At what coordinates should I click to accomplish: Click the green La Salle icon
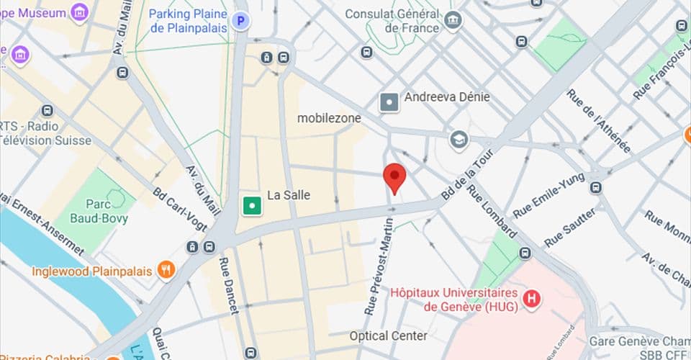point(252,206)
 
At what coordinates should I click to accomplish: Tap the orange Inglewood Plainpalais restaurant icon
point(166,271)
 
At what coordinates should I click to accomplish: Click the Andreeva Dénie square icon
point(389,102)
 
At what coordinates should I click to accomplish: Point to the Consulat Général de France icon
point(454,21)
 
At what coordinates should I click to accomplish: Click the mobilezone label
point(329,117)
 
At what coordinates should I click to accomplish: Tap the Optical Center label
point(388,336)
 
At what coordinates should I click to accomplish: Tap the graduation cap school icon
point(459,140)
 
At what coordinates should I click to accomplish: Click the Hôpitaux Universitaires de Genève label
point(455,300)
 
